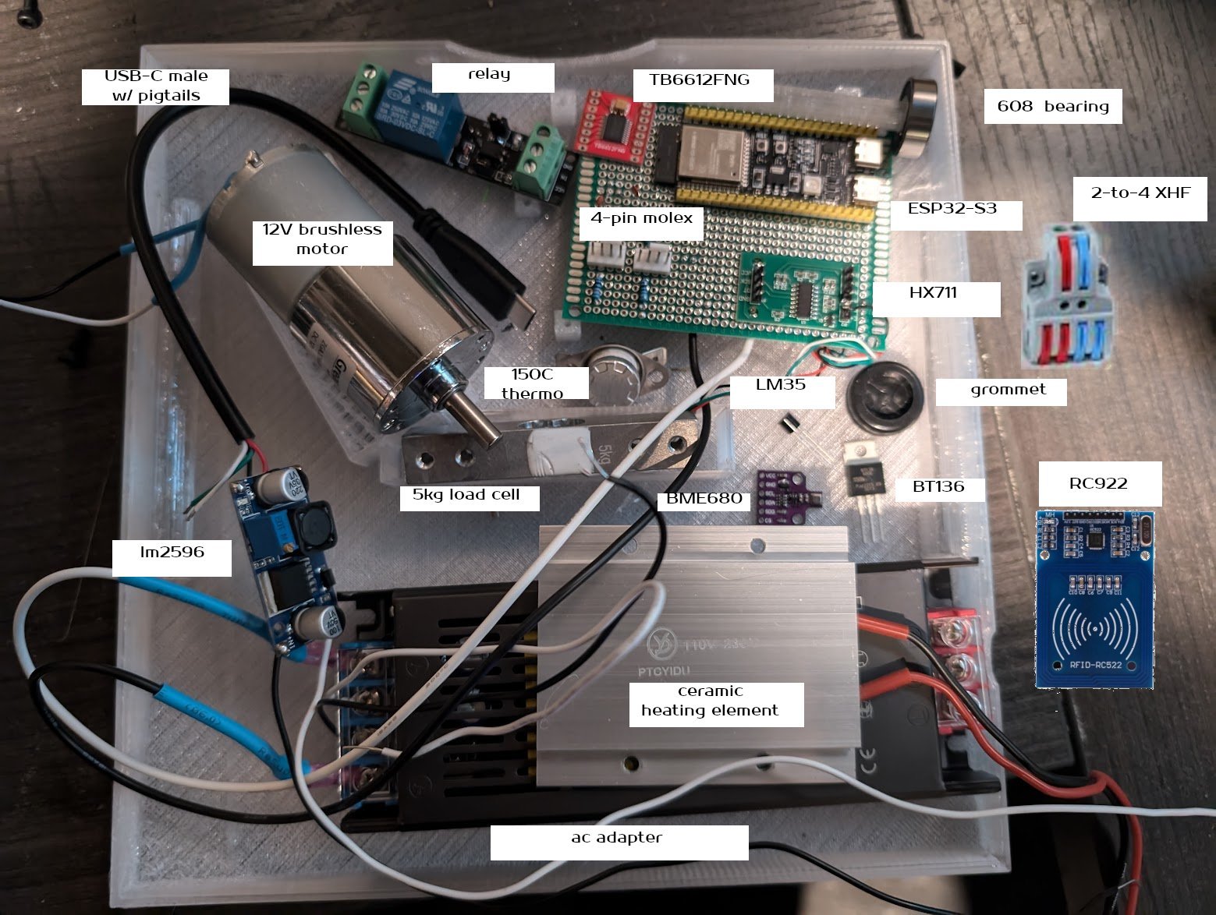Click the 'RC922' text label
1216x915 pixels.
(1099, 483)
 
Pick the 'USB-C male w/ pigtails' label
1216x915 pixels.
(156, 87)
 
